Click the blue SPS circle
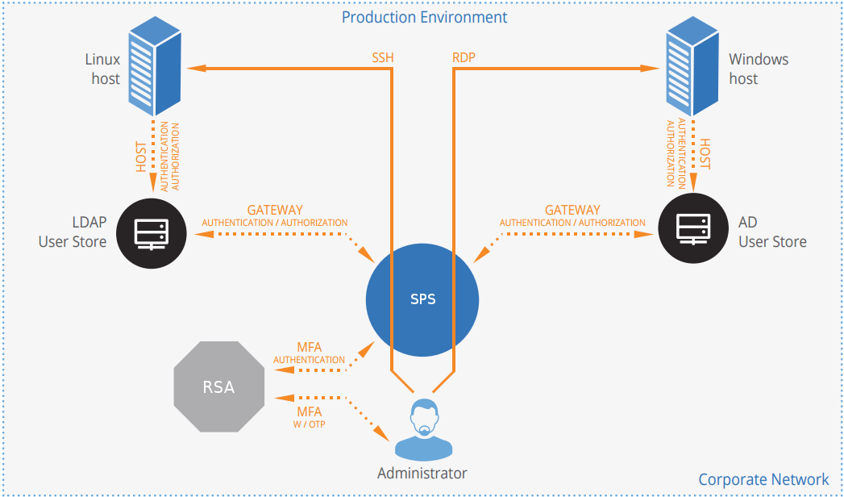tap(422, 299)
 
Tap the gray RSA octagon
tap(218, 387)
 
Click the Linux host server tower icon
tap(153, 69)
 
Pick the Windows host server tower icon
tap(692, 69)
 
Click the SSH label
tap(383, 58)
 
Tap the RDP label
tap(464, 58)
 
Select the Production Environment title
tap(424, 17)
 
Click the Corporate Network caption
tap(763, 479)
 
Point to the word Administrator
tap(422, 473)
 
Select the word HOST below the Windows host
tap(705, 153)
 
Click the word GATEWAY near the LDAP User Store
tap(275, 211)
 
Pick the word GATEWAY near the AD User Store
tap(572, 211)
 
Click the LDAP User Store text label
tap(73, 232)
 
